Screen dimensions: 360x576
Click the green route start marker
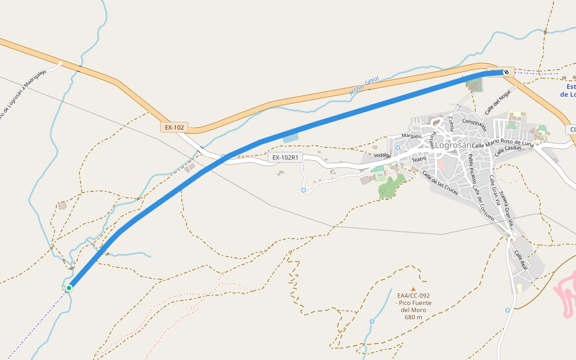pos(69,288)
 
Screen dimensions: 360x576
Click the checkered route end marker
pos(506,73)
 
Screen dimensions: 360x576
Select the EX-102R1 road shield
pos(286,158)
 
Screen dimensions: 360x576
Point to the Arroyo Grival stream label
pos(364,86)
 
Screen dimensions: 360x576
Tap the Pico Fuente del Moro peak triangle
pos(413,289)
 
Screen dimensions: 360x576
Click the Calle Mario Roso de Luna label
pos(503,145)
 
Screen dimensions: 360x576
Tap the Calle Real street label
pos(520,260)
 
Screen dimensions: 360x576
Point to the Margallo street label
pos(412,136)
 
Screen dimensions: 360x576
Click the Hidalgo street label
pos(382,155)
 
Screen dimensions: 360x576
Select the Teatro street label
pos(418,159)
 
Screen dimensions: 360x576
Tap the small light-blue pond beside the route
pos(290,137)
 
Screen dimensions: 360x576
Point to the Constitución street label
pos(474,125)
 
